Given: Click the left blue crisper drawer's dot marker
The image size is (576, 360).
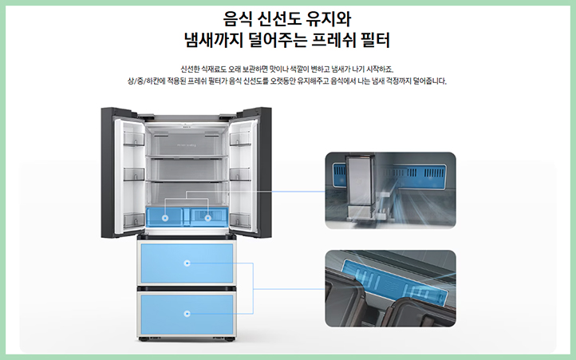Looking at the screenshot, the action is (x=165, y=216).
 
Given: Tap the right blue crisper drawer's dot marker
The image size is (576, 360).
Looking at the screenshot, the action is (x=208, y=216).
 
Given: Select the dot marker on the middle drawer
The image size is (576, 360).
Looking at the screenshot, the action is (x=187, y=261).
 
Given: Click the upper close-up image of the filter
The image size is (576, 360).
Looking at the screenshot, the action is (x=389, y=190).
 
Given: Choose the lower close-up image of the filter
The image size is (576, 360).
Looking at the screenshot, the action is (x=389, y=289).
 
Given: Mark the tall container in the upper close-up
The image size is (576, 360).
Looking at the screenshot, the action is (x=360, y=184).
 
